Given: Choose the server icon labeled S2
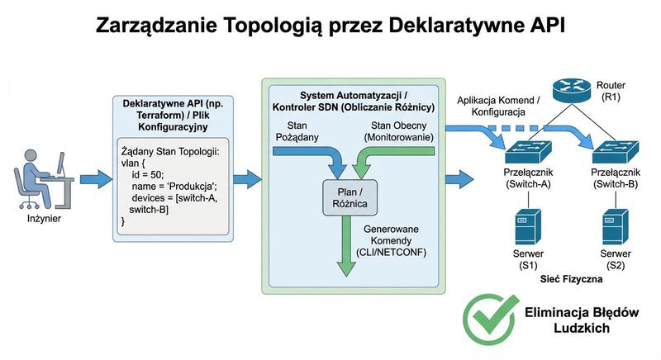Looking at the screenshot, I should point(612,225).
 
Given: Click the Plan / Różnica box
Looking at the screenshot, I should point(346,196).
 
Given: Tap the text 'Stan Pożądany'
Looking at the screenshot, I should point(297,130).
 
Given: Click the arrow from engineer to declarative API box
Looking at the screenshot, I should point(94,178).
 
